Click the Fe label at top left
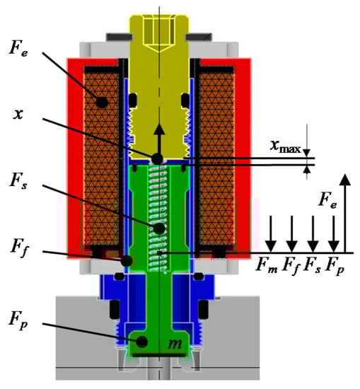click(18, 47)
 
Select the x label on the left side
click(18, 114)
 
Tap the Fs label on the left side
click(18, 180)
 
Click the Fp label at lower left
click(18, 320)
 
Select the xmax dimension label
click(285, 146)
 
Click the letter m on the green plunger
click(175, 344)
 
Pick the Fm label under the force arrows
click(267, 265)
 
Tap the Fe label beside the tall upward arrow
click(327, 200)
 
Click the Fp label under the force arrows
click(335, 266)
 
